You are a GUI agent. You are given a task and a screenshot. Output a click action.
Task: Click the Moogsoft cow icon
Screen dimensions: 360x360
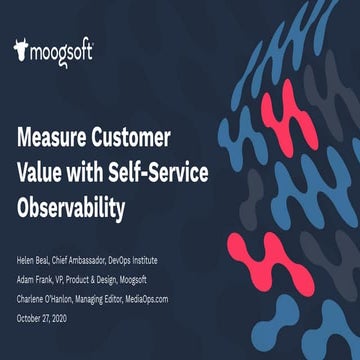pos(22,50)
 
